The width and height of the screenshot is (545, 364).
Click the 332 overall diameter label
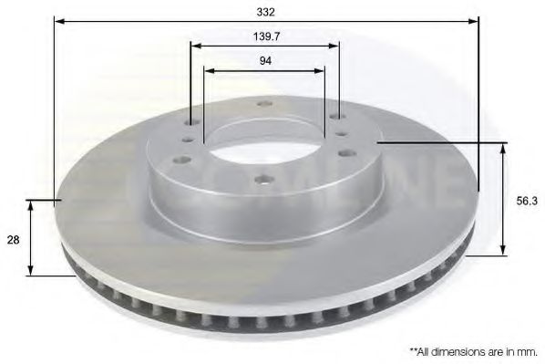[265, 13]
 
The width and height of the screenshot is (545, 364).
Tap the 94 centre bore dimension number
[264, 60]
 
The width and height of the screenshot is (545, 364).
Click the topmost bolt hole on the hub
[264, 103]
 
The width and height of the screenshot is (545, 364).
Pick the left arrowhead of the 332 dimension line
[58, 21]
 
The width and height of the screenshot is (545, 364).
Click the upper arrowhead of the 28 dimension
[32, 204]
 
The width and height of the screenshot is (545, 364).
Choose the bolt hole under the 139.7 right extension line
[337, 117]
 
